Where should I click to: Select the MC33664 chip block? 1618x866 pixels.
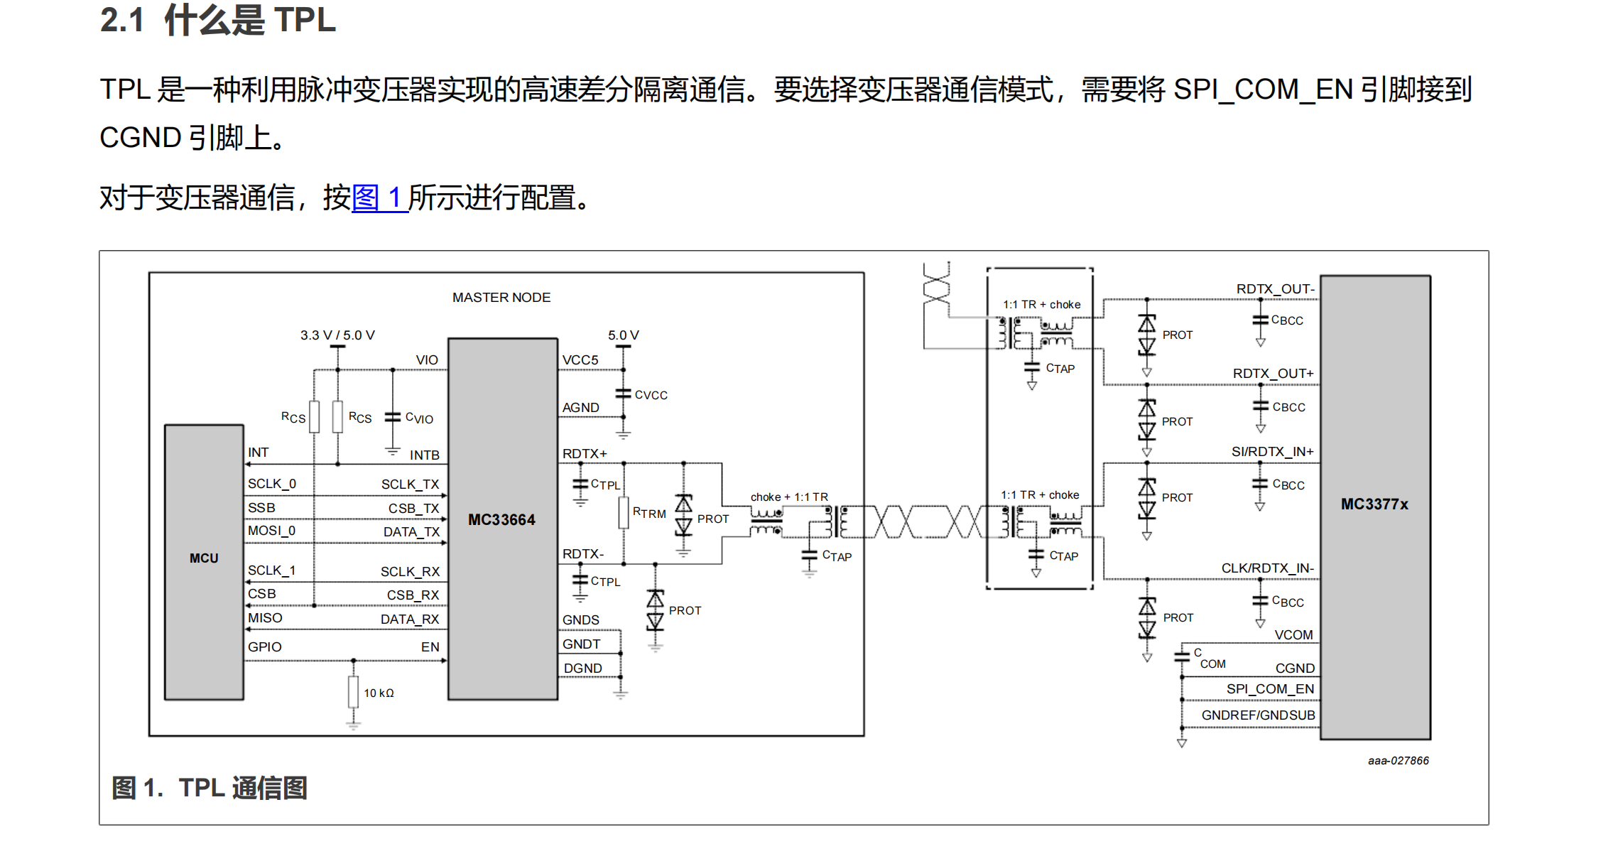(x=501, y=519)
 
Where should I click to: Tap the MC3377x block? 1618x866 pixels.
(x=1374, y=504)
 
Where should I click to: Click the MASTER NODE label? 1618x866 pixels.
(x=501, y=298)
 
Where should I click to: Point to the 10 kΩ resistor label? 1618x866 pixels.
(x=379, y=693)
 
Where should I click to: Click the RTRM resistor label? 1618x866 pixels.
(x=649, y=513)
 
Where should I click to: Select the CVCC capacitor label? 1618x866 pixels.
(x=651, y=395)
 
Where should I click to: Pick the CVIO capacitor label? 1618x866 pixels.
(x=419, y=418)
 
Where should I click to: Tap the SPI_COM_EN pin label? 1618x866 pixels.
(x=1270, y=689)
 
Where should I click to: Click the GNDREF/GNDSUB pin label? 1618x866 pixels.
(x=1258, y=715)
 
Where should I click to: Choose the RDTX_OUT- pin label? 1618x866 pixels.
(x=1275, y=289)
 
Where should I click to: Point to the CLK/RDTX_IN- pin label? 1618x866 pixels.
(x=1267, y=568)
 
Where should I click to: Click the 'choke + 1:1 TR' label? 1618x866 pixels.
(x=789, y=497)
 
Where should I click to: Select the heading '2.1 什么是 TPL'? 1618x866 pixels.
(x=217, y=20)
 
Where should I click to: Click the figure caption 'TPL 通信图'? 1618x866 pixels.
(x=242, y=788)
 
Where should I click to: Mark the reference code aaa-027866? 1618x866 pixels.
(x=1398, y=761)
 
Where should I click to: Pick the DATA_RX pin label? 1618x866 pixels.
(x=410, y=619)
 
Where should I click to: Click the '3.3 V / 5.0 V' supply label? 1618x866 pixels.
(x=337, y=335)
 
